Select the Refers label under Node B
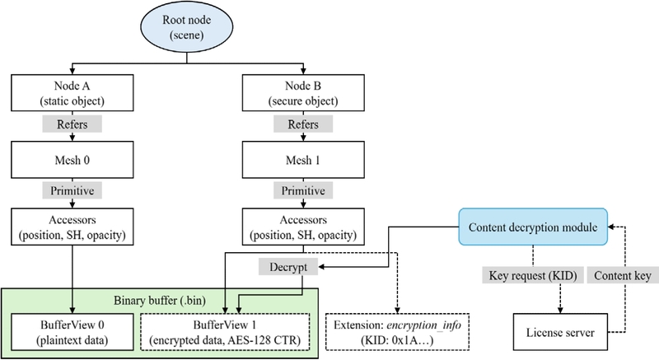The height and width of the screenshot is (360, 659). [x=297, y=126]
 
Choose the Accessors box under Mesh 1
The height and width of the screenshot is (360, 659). [x=297, y=225]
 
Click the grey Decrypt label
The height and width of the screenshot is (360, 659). [x=285, y=267]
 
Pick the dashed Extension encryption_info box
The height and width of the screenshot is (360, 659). [x=397, y=331]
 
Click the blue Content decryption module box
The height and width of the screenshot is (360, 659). [x=534, y=227]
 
